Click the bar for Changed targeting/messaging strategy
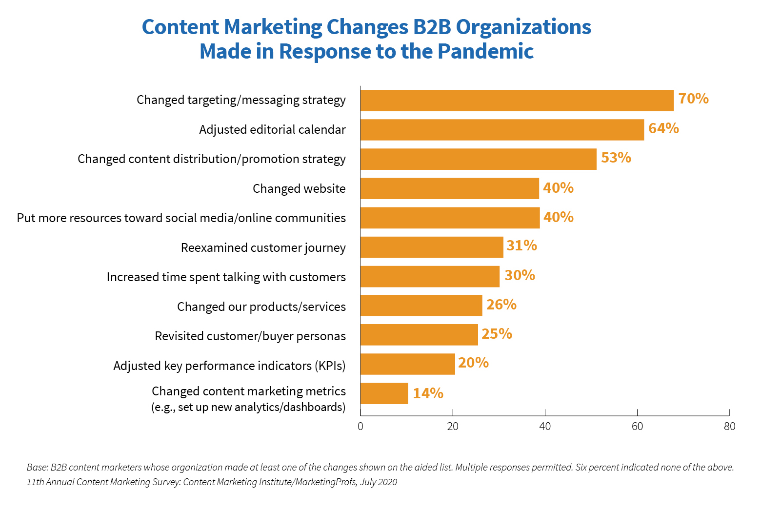(x=517, y=101)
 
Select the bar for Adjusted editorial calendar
(x=502, y=130)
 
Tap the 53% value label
(x=616, y=158)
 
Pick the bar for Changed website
(x=449, y=188)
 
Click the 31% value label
(x=521, y=246)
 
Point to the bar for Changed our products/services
(x=421, y=306)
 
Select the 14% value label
(x=428, y=393)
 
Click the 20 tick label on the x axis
(x=453, y=427)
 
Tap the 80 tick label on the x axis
(x=729, y=427)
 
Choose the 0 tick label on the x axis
(x=360, y=427)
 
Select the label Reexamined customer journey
(x=263, y=248)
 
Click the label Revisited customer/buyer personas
(x=250, y=336)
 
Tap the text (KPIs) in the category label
(x=330, y=366)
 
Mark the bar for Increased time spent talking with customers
(x=430, y=277)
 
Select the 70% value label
(x=693, y=99)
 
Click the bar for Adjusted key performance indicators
(x=407, y=364)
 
